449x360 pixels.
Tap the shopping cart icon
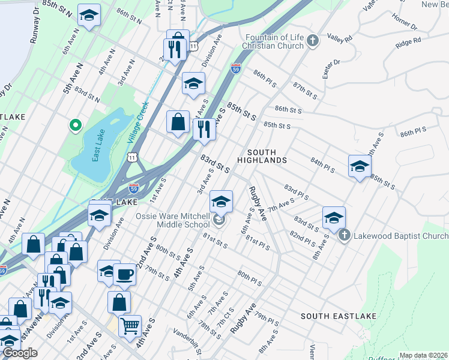click(130, 326)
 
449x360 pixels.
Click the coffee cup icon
click(124, 274)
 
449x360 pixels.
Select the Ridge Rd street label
click(408, 43)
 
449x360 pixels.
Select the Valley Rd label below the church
click(340, 38)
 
